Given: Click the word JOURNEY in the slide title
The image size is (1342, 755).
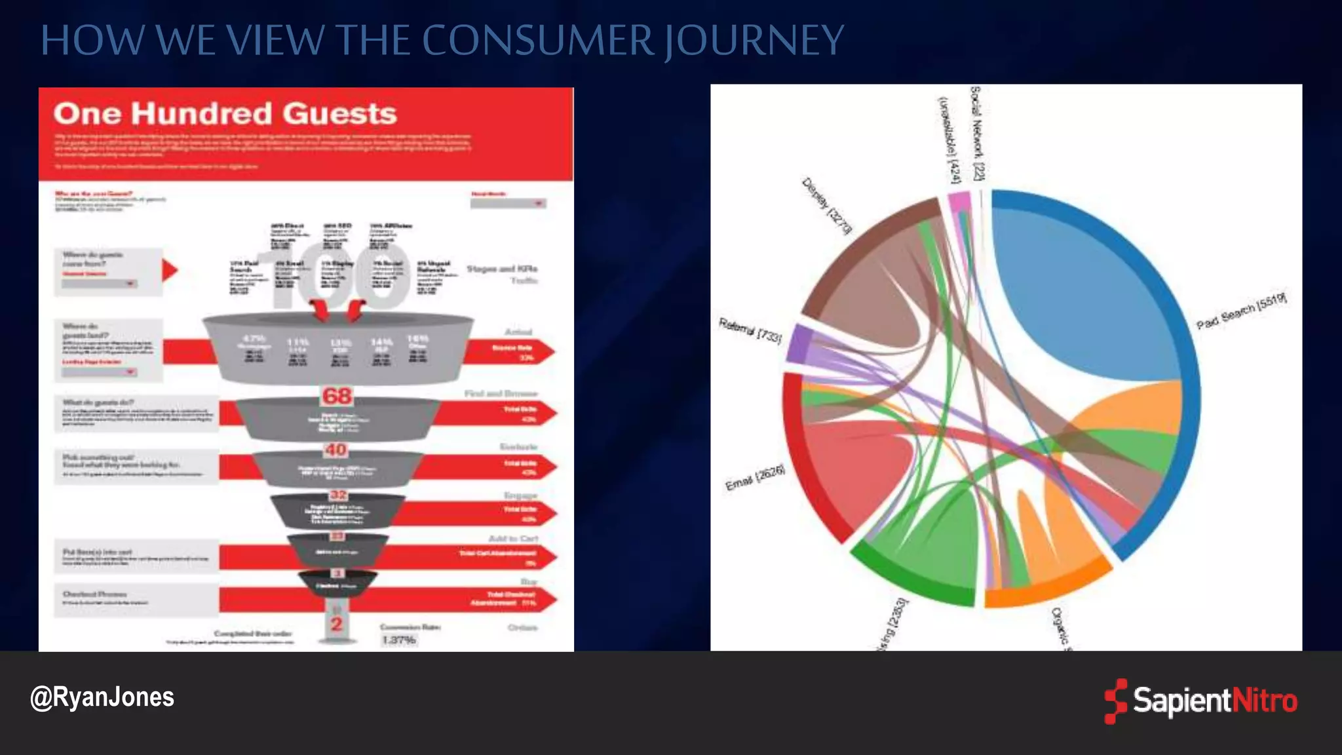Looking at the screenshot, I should click(x=754, y=41).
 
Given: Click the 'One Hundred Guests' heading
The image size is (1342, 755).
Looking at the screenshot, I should click(x=225, y=113).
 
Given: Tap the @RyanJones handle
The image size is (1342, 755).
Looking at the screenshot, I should click(x=102, y=697).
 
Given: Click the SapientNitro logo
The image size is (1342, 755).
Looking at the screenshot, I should click(x=1200, y=701).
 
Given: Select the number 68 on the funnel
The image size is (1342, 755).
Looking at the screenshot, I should click(x=337, y=396).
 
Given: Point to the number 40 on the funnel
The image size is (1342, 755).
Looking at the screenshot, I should click(x=335, y=450).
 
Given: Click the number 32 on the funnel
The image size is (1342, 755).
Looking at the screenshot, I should click(x=338, y=495).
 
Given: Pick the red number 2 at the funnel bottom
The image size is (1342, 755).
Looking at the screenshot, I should click(x=337, y=624).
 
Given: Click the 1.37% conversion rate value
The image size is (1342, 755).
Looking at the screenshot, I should click(x=398, y=640).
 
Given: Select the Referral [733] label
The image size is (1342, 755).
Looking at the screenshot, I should click(x=750, y=330).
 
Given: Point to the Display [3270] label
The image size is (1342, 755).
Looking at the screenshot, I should click(x=827, y=206).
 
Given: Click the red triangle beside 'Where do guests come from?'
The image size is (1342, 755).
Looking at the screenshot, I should click(x=169, y=270).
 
